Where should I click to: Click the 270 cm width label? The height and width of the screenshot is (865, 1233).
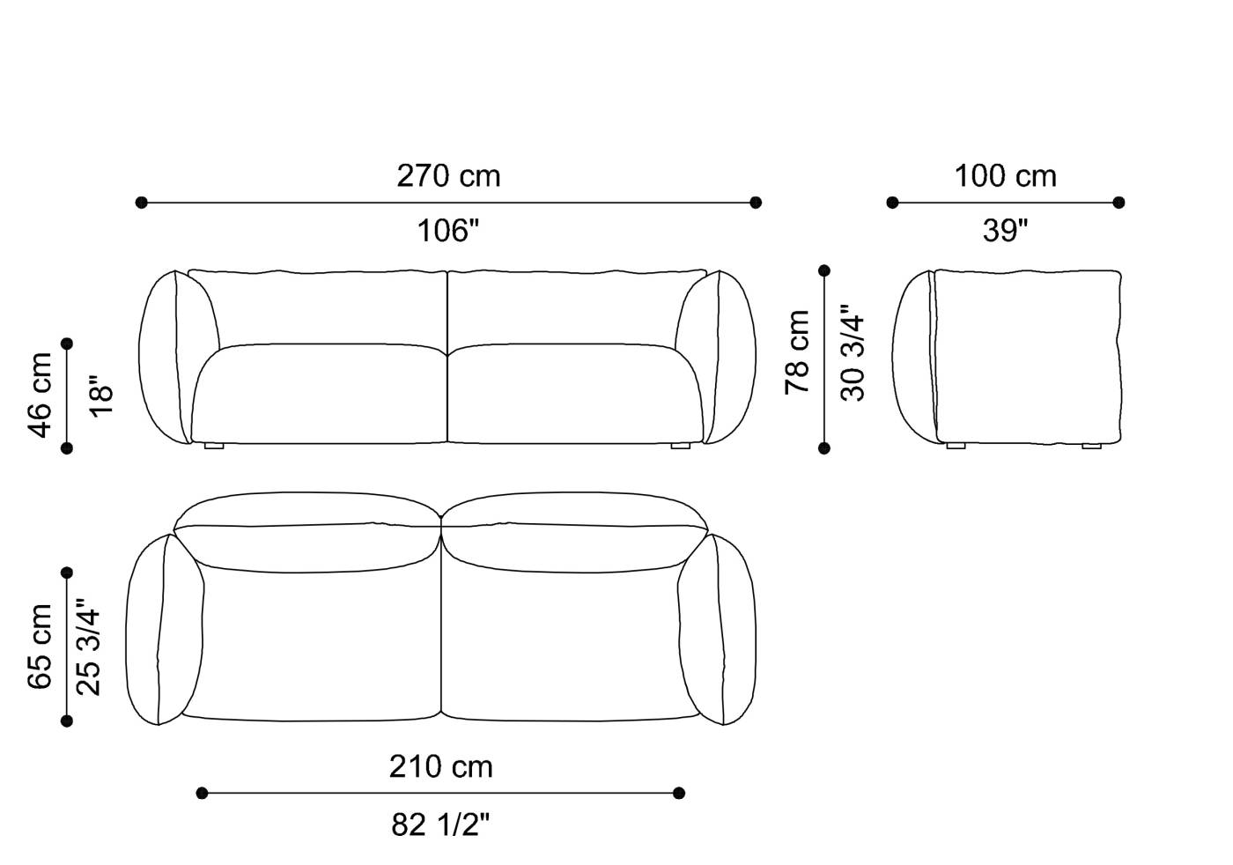pyautogui.click(x=448, y=176)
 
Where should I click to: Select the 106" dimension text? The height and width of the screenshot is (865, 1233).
pyautogui.click(x=448, y=231)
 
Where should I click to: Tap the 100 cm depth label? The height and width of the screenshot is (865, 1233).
pyautogui.click(x=1005, y=176)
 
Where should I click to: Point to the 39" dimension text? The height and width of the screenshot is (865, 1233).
pyautogui.click(x=1005, y=231)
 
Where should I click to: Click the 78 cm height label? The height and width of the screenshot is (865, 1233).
pyautogui.click(x=798, y=351)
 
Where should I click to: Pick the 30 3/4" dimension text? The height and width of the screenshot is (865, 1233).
pyautogui.click(x=853, y=353)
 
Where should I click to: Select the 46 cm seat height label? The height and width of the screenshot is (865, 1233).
pyautogui.click(x=41, y=395)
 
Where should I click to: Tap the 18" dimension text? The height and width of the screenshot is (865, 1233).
pyautogui.click(x=101, y=396)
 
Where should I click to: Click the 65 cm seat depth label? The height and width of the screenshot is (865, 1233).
pyautogui.click(x=41, y=646)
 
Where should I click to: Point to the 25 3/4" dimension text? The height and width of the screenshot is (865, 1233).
pyautogui.click(x=89, y=647)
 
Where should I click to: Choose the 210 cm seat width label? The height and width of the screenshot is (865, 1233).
pyautogui.click(x=440, y=767)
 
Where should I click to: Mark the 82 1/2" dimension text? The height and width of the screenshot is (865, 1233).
pyautogui.click(x=440, y=824)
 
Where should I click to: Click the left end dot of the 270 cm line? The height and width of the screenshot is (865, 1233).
pyautogui.click(x=142, y=203)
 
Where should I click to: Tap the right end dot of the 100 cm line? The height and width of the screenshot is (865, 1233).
pyautogui.click(x=1119, y=203)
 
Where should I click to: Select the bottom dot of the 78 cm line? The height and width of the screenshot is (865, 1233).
pyautogui.click(x=824, y=448)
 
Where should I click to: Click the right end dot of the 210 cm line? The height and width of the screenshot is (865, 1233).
pyautogui.click(x=679, y=793)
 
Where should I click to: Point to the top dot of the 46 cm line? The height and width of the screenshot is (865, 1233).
pyautogui.click(x=67, y=344)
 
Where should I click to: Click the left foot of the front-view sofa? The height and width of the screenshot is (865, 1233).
pyautogui.click(x=214, y=447)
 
